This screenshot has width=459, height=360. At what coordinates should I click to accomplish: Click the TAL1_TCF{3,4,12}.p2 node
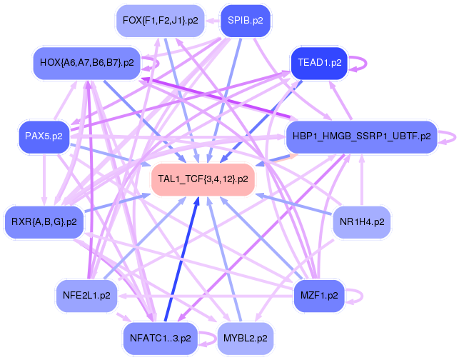pyautogui.click(x=203, y=179)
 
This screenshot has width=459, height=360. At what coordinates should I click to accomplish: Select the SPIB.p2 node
pyautogui.click(x=246, y=21)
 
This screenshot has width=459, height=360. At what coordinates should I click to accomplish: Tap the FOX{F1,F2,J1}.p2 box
pyautogui.click(x=161, y=21)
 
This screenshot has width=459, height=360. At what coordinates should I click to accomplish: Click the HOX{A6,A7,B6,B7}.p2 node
pyautogui.click(x=87, y=63)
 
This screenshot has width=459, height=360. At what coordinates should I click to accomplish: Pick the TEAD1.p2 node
pyautogui.click(x=319, y=63)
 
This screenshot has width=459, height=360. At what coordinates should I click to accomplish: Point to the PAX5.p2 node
pyautogui.click(x=44, y=136)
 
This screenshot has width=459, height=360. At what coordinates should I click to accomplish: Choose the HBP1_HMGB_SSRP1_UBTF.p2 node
pyautogui.click(x=362, y=136)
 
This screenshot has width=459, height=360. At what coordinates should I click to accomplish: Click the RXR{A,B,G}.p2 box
pyautogui.click(x=44, y=221)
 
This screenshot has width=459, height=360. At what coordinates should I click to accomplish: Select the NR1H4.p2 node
pyautogui.click(x=362, y=221)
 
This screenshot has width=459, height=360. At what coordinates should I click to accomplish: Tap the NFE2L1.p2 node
pyautogui.click(x=86, y=295)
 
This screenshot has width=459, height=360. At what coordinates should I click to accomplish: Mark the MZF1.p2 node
pyautogui.click(x=319, y=295)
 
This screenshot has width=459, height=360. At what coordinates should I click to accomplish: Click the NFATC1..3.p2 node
pyautogui.click(x=161, y=339)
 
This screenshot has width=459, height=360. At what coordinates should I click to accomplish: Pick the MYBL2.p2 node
pyautogui.click(x=246, y=339)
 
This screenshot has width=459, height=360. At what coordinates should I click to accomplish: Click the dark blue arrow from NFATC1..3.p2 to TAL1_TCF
pyautogui.click(x=182, y=259)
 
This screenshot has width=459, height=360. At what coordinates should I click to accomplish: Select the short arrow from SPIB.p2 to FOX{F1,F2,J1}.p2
pyautogui.click(x=212, y=21)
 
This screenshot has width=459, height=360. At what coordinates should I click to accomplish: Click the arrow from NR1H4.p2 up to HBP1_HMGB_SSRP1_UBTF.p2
pyautogui.click(x=362, y=179)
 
